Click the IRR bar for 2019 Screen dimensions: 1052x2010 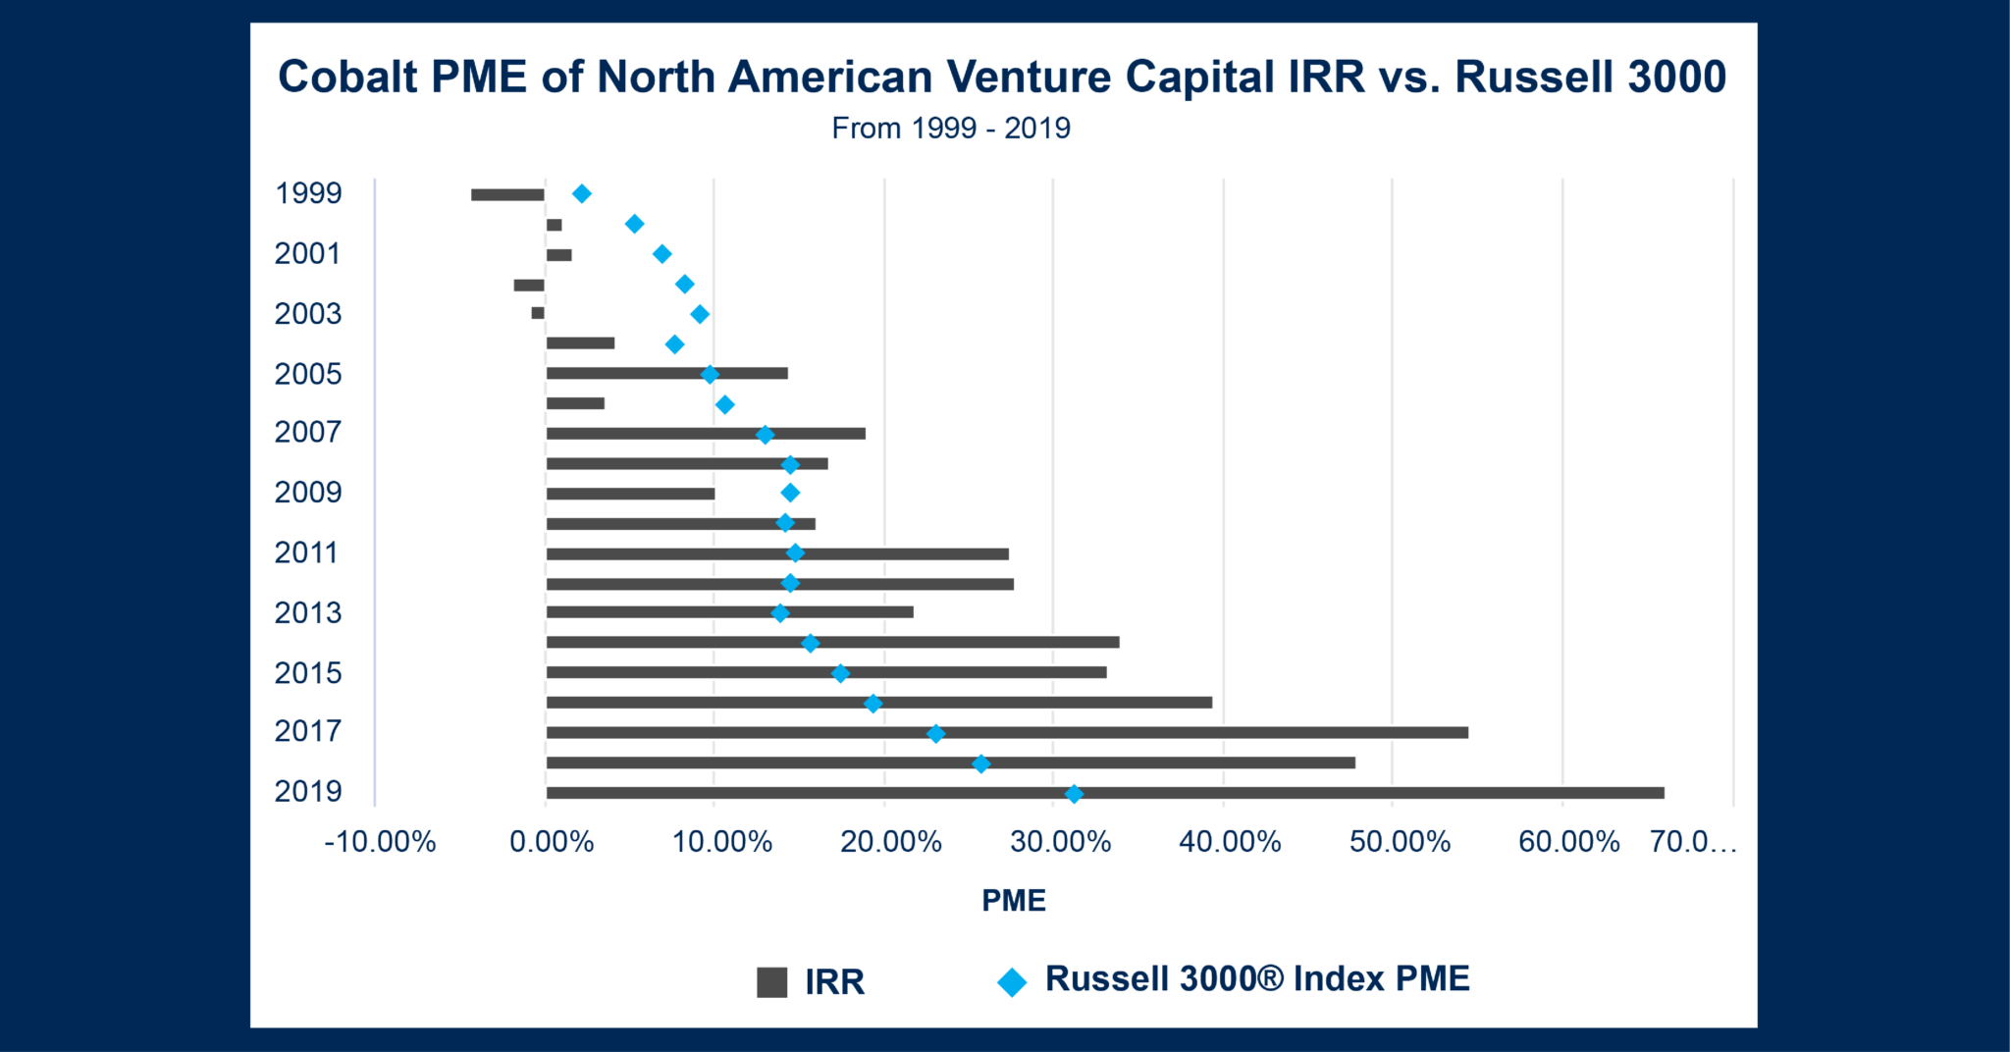coord(1104,793)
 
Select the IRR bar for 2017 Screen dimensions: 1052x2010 coord(1006,732)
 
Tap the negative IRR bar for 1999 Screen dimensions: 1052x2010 coord(507,194)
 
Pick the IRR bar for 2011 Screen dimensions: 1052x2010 coord(776,553)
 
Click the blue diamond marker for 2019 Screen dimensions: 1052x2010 coord(1074,793)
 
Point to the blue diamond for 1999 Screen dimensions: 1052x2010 coord(582,193)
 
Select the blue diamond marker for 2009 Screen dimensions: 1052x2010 coord(790,493)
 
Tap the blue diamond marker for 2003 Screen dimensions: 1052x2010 coord(700,314)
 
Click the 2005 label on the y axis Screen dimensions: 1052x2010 coord(308,374)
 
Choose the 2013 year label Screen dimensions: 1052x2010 coord(308,612)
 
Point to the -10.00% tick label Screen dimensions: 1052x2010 coord(380,841)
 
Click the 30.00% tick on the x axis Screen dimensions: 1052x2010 coord(1061,841)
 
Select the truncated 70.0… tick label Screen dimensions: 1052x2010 coord(1693,841)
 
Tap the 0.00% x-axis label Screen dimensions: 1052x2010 coord(552,841)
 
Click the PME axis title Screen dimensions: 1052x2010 coord(1014,900)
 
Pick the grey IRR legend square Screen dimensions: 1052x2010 coord(772,981)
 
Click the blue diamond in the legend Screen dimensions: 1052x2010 coord(1012,981)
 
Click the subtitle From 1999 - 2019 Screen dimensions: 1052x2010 coord(951,128)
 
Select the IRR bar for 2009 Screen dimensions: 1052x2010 coord(630,494)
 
